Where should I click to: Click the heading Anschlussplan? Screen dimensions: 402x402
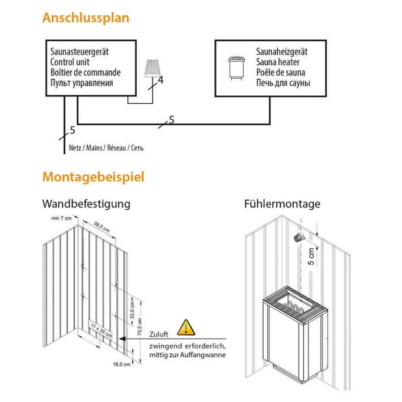(x=86, y=18)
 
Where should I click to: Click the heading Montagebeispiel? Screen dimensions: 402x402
(x=93, y=177)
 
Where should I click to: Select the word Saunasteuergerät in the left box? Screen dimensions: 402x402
(x=79, y=52)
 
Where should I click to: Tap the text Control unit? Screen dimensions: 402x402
(x=71, y=62)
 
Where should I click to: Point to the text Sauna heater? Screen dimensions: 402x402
(x=278, y=62)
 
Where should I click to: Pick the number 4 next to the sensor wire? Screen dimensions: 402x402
(x=160, y=81)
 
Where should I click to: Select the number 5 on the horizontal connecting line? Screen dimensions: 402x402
(x=171, y=120)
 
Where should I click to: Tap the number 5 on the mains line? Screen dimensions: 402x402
(x=71, y=130)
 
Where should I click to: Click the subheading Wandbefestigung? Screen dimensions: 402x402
(x=86, y=204)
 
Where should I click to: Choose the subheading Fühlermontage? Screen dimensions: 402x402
(x=282, y=204)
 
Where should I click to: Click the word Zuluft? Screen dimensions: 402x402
(x=159, y=334)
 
